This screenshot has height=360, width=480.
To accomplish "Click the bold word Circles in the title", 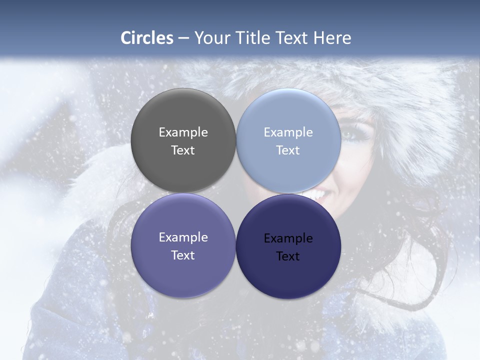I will pyautogui.click(x=147, y=38).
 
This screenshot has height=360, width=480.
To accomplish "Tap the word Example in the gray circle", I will pyautogui.click(x=183, y=132).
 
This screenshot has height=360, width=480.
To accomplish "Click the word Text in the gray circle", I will pyautogui.click(x=183, y=150).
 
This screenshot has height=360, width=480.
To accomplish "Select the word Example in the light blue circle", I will pyautogui.click(x=288, y=132).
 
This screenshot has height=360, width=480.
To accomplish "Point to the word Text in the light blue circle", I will pyautogui.click(x=288, y=150).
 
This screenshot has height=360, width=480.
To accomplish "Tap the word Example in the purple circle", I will pyautogui.click(x=183, y=237).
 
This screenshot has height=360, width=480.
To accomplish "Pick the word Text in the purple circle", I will pyautogui.click(x=183, y=255).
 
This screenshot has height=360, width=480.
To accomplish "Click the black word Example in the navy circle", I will pyautogui.click(x=288, y=238).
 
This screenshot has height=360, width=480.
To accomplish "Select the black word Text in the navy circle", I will pyautogui.click(x=288, y=256).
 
